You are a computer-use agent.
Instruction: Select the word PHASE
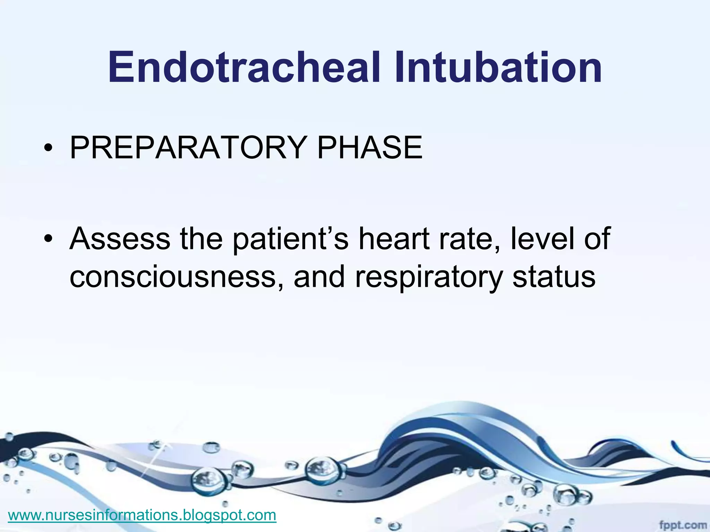[x=370, y=148]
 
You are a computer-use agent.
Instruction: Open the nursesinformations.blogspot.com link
[x=142, y=515]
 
